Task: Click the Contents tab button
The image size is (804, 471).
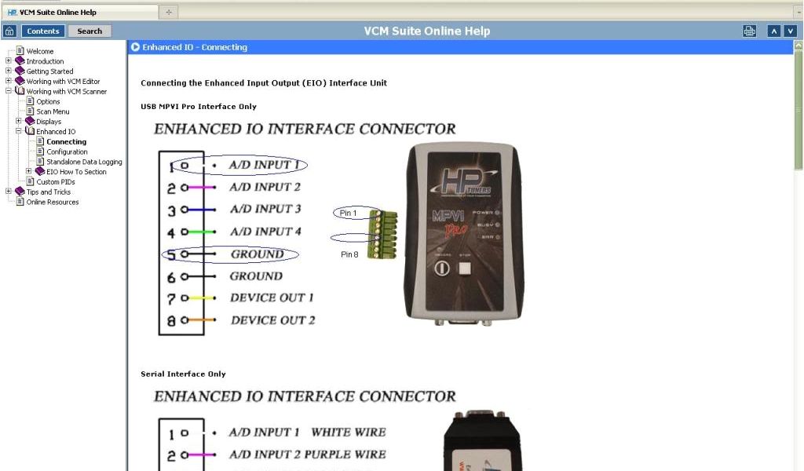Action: click(42, 31)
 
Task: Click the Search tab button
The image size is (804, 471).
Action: click(90, 31)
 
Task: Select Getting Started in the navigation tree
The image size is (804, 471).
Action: click(49, 71)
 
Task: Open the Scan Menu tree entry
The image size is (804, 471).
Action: click(53, 111)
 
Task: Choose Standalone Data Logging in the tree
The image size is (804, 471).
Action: click(84, 162)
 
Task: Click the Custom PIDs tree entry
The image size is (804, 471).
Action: click(56, 182)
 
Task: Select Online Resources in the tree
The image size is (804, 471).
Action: click(53, 202)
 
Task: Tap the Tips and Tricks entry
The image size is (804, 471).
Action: click(48, 192)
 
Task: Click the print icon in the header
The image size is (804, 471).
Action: click(750, 31)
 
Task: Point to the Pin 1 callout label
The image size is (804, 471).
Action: click(348, 213)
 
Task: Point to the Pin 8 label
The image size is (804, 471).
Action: click(349, 254)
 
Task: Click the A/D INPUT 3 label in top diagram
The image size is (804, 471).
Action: click(265, 209)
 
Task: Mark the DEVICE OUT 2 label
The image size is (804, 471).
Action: click(272, 320)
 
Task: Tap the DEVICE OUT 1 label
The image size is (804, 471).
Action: click(272, 298)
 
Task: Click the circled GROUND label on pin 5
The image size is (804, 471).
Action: click(257, 254)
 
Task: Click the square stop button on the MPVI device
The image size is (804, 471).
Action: click(466, 268)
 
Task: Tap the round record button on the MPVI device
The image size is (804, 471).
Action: click(442, 268)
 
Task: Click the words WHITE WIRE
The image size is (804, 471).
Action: click(349, 432)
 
